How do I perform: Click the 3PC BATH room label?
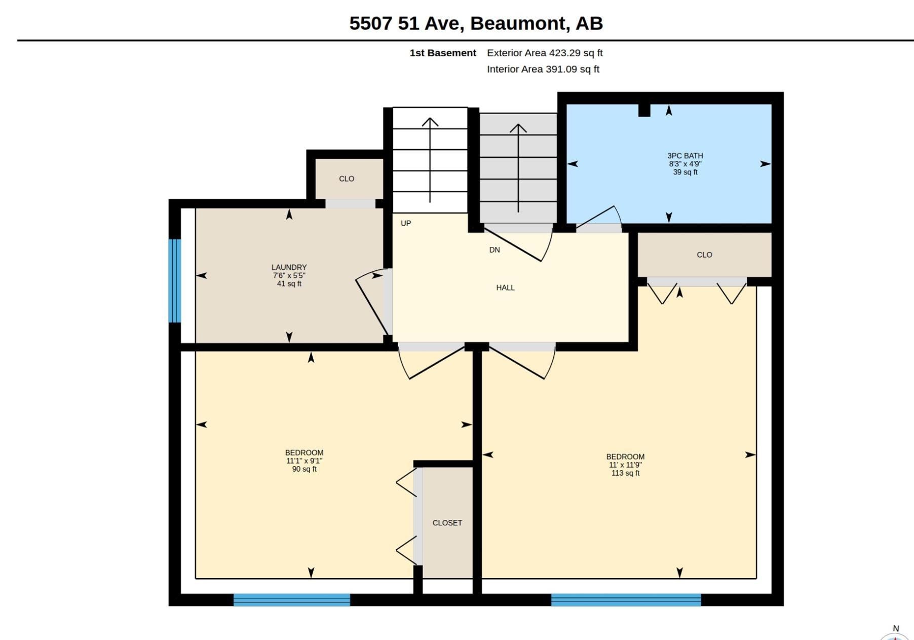pos(685,156)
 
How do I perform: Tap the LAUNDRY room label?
pos(289,267)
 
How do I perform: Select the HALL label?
pos(505,288)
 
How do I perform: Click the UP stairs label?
pos(406,223)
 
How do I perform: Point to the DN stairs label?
pos(494,250)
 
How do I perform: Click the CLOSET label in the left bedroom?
pos(447,523)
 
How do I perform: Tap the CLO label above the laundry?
pos(347,179)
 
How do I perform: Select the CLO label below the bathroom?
pos(704,255)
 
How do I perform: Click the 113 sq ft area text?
pos(625,473)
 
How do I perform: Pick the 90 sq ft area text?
pos(304,469)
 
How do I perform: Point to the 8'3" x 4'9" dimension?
pos(685,164)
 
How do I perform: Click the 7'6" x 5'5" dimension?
pos(289,275)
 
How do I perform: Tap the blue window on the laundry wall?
pos(175,281)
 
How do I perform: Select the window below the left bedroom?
pos(292,600)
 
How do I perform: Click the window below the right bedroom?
pos(626,600)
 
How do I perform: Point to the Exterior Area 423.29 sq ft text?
pos(545,53)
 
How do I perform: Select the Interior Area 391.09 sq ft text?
pos(543,69)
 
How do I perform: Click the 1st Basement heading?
pos(443,53)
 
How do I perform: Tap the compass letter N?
pos(896,628)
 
